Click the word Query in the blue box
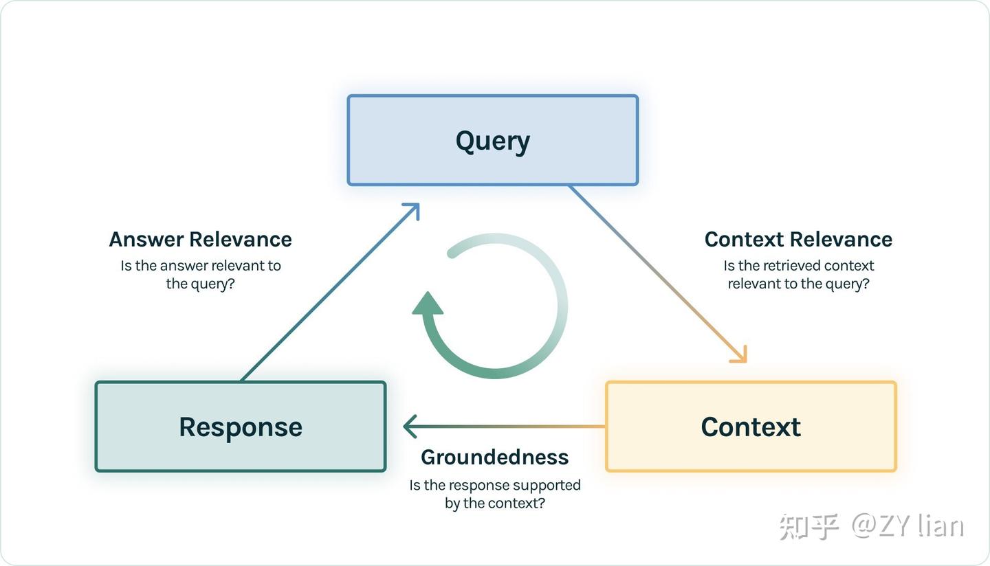(492, 141)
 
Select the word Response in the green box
(241, 427)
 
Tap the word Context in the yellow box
(751, 427)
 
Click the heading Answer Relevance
(200, 239)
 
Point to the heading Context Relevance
(798, 239)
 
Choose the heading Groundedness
(494, 457)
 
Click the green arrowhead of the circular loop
(428, 304)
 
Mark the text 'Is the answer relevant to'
(200, 266)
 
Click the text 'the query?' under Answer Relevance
(200, 284)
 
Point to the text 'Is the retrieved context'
(798, 266)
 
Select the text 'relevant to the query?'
(798, 284)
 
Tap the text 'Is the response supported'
(494, 485)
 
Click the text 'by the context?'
(494, 503)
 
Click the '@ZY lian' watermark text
(907, 525)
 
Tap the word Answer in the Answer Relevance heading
(146, 239)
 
